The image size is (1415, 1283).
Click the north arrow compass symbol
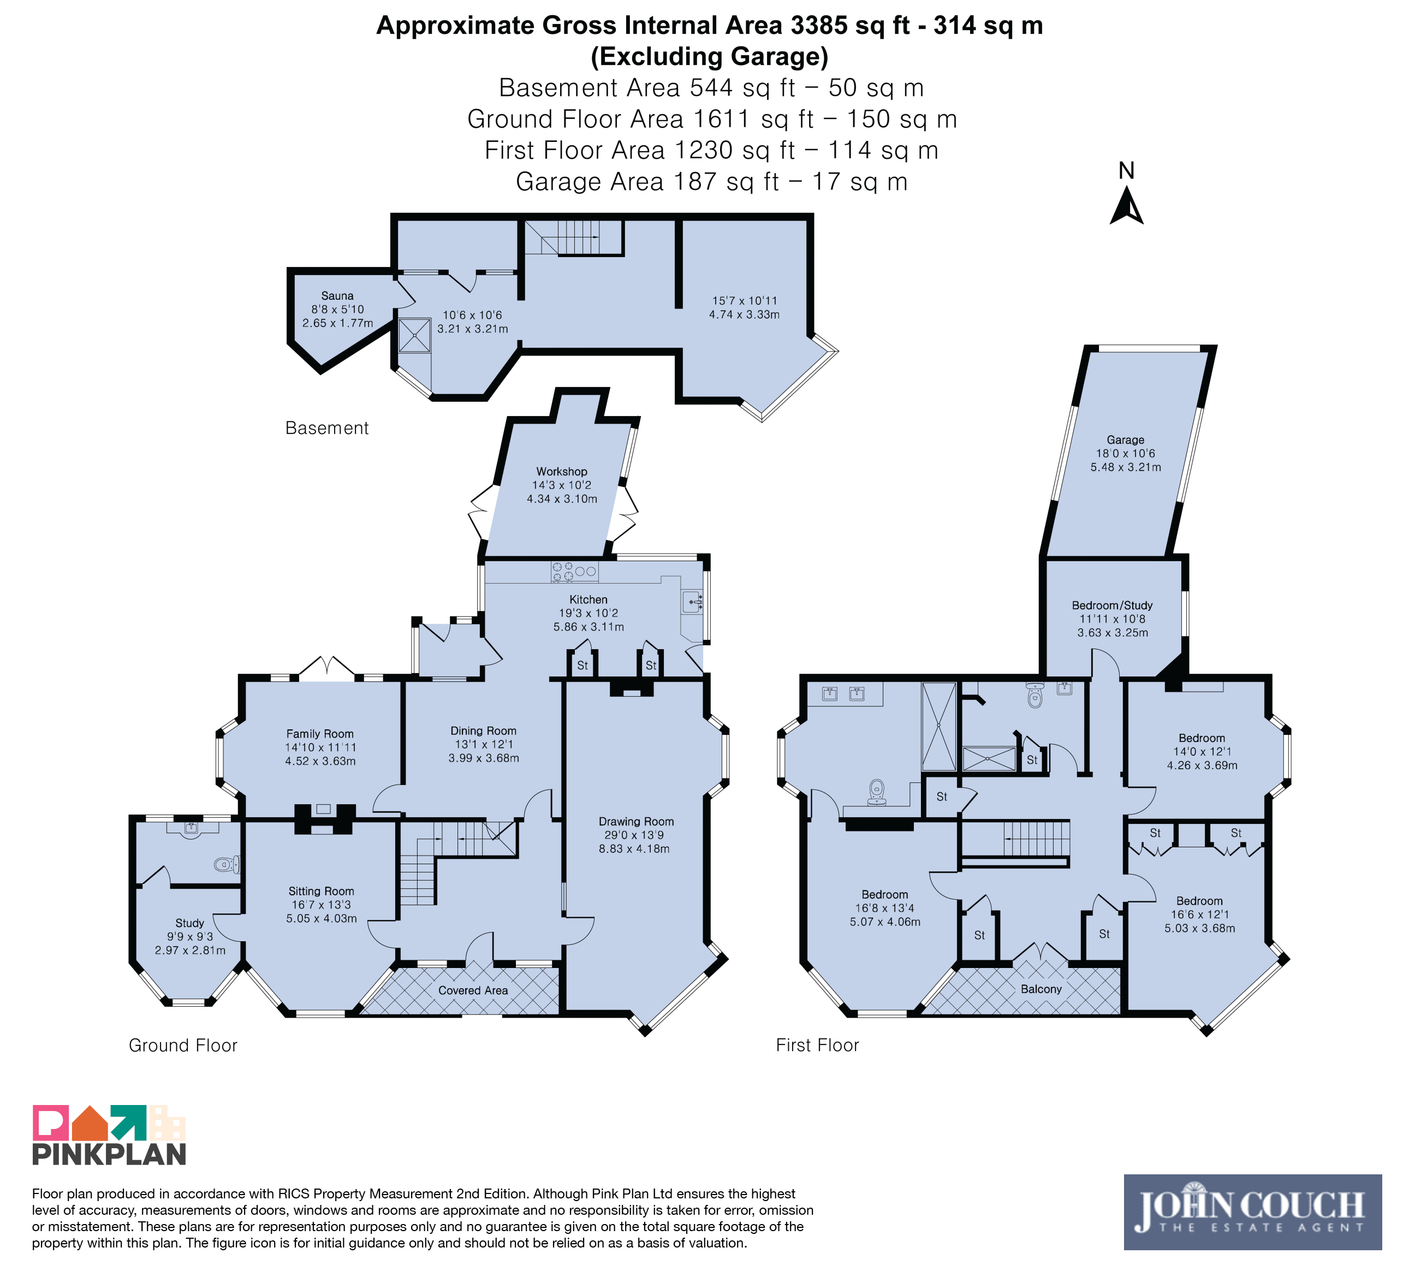[1127, 206]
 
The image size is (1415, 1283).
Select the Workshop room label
[562, 472]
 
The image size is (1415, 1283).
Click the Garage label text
[1125, 440]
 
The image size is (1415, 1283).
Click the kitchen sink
[692, 602]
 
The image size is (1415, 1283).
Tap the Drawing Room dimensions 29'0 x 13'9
[634, 835]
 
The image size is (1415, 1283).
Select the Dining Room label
[484, 730]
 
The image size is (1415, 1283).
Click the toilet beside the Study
[227, 864]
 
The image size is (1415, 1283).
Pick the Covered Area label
[473, 990]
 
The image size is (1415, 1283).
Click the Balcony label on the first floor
[1041, 989]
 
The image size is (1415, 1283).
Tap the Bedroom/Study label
[1112, 605]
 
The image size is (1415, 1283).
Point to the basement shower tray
[415, 335]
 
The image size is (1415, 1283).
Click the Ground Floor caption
[183, 1046]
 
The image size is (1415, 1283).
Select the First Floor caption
[817, 1045]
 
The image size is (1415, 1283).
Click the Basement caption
[327, 428]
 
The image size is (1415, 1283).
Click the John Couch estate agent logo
[1252, 1212]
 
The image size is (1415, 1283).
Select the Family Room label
[320, 733]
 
